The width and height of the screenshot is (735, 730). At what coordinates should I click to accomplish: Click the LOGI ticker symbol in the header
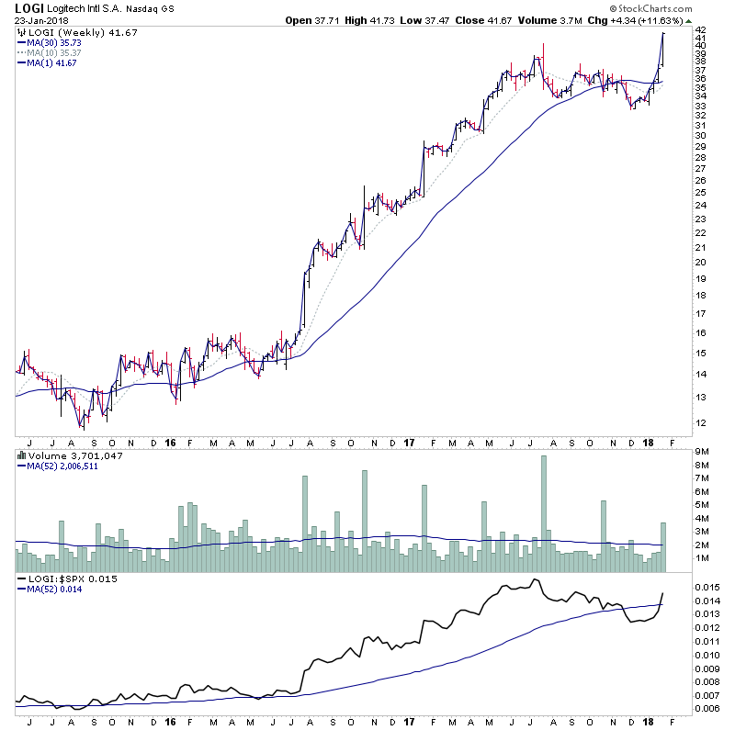pyautogui.click(x=28, y=9)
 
